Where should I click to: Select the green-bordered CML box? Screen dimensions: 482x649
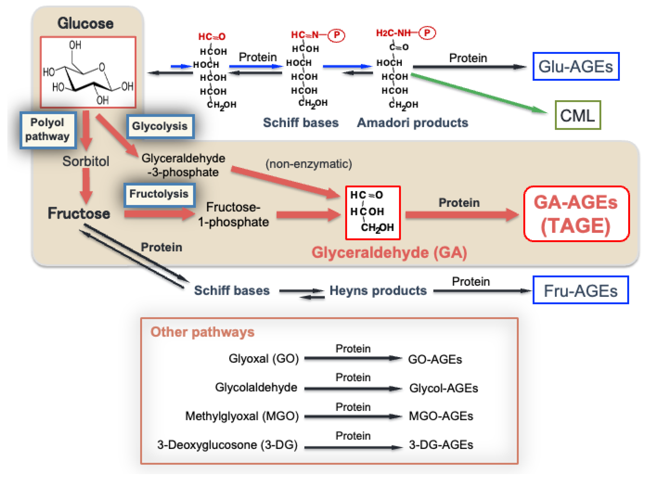tap(577, 115)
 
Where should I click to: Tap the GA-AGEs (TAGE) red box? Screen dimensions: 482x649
tap(576, 214)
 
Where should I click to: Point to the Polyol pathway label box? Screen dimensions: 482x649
tap(48, 130)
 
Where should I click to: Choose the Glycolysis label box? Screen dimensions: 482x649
tap(160, 126)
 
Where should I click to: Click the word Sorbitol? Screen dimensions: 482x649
tap(86, 161)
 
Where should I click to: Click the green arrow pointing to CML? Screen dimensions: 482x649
tap(479, 93)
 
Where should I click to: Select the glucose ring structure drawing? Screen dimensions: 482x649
tap(88, 72)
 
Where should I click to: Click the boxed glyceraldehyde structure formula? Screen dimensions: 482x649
tap(372, 213)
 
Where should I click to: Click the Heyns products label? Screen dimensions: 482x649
tap(378, 291)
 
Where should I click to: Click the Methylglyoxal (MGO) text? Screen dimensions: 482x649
tap(242, 416)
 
